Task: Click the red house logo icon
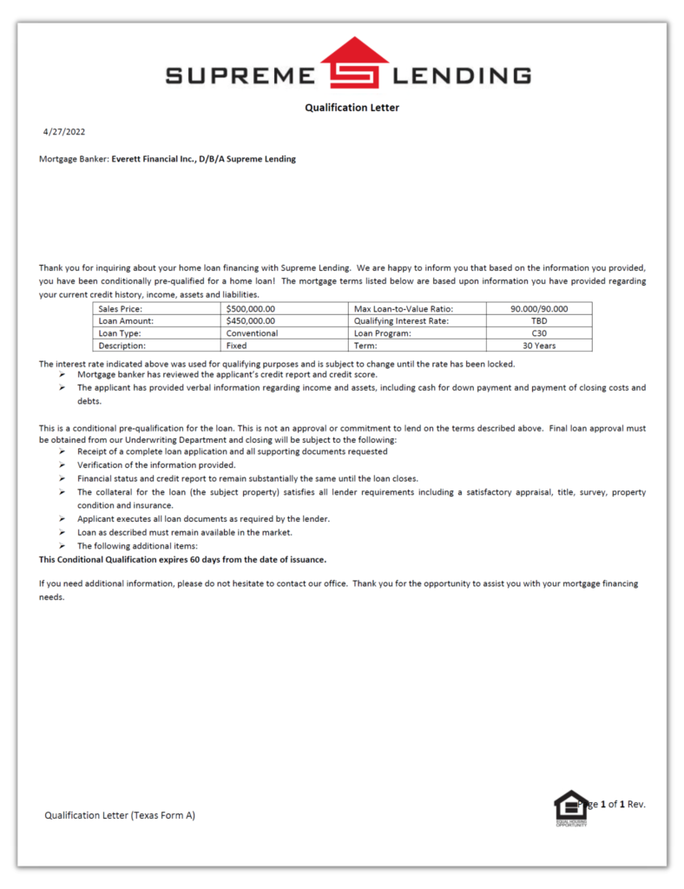click(x=354, y=63)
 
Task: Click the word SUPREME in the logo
click(x=240, y=76)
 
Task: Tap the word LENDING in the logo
click(x=462, y=76)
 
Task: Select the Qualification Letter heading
click(x=352, y=108)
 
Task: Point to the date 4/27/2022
click(x=64, y=132)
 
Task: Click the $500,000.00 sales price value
click(x=251, y=308)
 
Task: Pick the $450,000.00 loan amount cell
click(x=251, y=320)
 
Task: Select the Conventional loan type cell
click(x=253, y=333)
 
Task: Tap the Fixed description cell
click(x=237, y=346)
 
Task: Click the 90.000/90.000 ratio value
click(x=539, y=308)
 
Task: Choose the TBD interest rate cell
click(x=539, y=320)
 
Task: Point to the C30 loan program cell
click(x=539, y=333)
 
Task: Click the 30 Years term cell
click(x=539, y=346)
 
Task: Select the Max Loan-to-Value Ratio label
click(x=404, y=308)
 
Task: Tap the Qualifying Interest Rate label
click(x=401, y=320)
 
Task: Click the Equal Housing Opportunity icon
click(x=570, y=808)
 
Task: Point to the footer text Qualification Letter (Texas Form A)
click(x=120, y=815)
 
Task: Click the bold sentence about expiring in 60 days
click(x=183, y=559)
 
